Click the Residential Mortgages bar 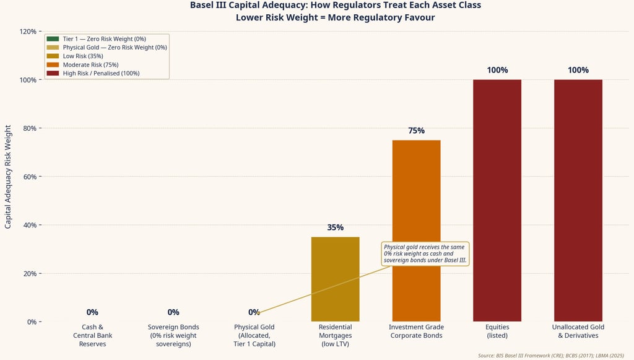pos(335,279)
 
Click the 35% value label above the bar pos(335,227)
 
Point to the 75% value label pos(416,131)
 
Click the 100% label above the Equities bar pos(497,70)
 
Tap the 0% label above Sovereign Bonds pos(173,312)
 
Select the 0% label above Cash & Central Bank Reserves pos(92,312)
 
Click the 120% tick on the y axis pos(27,32)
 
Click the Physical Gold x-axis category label pos(254,335)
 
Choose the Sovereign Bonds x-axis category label pos(173,335)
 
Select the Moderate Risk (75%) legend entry pos(90,64)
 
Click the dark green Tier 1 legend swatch pos(52,39)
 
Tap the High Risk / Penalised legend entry pos(100,73)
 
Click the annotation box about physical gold pos(425,253)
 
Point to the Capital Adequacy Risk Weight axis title pos(8,177)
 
